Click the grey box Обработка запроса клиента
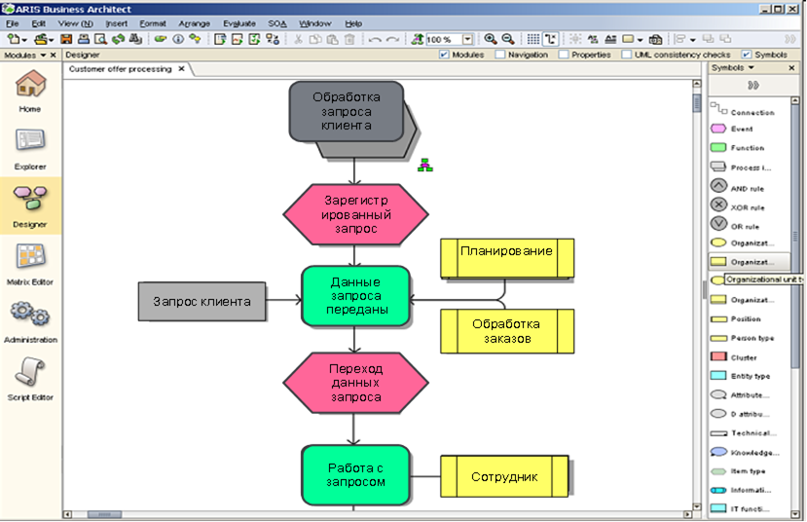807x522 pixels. (x=346, y=111)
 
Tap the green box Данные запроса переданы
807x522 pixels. (x=355, y=295)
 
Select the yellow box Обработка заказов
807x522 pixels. (x=506, y=331)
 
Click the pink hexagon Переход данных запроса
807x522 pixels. (x=355, y=383)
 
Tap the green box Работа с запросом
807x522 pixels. (x=355, y=474)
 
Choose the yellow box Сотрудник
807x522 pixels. (x=506, y=477)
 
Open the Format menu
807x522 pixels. (x=152, y=22)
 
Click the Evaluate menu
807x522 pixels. (x=238, y=22)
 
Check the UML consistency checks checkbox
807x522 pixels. (x=627, y=56)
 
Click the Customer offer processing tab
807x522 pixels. (x=120, y=70)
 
